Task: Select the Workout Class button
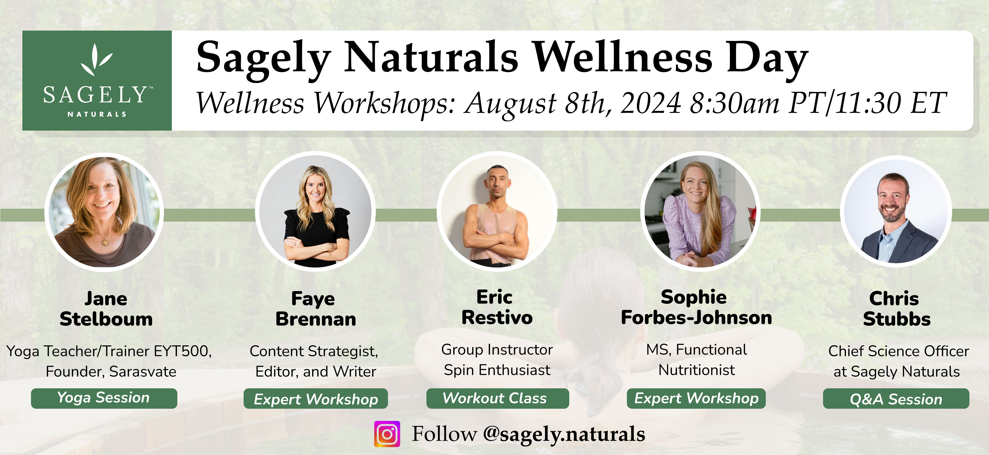(x=498, y=398)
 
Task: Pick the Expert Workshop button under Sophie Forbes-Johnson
(x=696, y=398)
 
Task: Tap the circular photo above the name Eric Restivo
(x=497, y=212)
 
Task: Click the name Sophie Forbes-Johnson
(x=696, y=307)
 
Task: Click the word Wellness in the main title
(x=623, y=58)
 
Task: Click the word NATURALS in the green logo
(x=97, y=114)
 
